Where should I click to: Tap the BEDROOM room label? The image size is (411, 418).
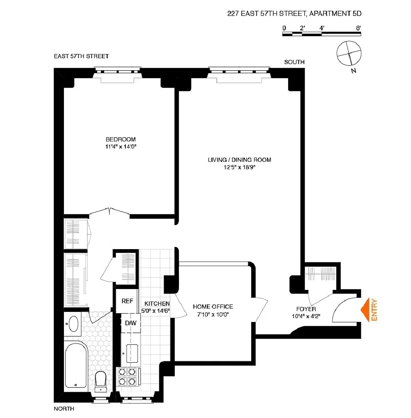[121, 139]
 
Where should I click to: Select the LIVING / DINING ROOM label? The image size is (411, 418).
[240, 160]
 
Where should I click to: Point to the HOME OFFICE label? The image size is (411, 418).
[213, 307]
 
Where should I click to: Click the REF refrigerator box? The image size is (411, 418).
[127, 301]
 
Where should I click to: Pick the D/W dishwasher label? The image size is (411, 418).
[131, 323]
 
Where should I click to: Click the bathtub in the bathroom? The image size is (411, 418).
[76, 365]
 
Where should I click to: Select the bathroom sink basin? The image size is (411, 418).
[73, 324]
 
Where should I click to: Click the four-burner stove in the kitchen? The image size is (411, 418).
[127, 376]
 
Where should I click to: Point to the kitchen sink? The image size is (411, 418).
[132, 353]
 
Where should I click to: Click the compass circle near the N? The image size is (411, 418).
[349, 53]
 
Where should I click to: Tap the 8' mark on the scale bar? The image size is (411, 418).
[358, 28]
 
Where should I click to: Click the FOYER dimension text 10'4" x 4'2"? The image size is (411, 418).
[306, 316]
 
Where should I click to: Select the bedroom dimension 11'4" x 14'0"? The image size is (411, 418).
[121, 146]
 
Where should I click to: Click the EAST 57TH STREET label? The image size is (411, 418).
[81, 56]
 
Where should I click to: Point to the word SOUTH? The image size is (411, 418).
[294, 62]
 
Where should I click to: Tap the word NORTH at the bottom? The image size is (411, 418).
[64, 409]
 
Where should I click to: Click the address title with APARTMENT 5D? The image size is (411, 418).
[294, 13]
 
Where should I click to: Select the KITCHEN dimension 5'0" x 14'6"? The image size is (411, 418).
[155, 311]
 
